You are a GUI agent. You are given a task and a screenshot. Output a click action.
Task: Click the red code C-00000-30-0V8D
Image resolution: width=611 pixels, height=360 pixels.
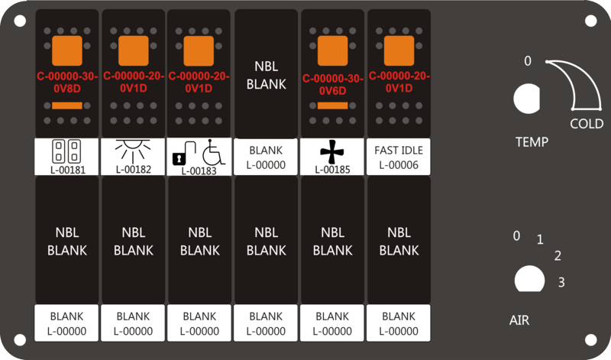67,83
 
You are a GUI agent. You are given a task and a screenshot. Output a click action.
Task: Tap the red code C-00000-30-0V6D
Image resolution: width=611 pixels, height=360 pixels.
333,85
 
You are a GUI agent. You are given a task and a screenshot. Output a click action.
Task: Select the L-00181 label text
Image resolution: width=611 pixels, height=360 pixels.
68,170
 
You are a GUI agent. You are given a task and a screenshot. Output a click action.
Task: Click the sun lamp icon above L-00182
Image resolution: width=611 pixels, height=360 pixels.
133,151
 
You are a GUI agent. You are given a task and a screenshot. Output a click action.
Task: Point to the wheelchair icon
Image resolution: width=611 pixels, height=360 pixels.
213,152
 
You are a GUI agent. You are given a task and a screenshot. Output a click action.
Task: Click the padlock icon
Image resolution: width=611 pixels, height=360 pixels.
183,153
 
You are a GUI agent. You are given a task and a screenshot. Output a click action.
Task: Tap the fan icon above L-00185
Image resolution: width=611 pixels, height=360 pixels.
332,151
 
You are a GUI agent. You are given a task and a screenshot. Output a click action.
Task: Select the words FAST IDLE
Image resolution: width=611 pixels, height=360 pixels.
399,150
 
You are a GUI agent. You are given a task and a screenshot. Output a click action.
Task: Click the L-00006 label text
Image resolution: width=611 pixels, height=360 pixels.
399,165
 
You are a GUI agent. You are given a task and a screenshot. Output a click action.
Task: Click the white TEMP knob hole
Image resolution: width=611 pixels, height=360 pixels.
526,99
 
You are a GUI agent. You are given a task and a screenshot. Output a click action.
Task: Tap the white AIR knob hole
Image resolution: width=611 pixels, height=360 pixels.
529,279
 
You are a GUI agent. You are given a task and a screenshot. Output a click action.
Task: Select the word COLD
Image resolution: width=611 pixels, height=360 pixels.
587,124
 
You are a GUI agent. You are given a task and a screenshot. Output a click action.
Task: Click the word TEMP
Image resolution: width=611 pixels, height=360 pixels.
532,142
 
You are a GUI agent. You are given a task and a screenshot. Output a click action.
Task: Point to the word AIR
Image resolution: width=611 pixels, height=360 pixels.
519,320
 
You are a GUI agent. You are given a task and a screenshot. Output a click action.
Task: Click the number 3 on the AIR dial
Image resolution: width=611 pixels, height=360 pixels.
561,282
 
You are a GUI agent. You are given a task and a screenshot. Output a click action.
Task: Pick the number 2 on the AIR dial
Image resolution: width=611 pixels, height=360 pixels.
558,256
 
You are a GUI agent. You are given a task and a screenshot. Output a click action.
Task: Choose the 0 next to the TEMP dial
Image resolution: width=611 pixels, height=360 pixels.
528,61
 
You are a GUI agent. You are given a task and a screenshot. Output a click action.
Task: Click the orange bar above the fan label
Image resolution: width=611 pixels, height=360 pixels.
333,105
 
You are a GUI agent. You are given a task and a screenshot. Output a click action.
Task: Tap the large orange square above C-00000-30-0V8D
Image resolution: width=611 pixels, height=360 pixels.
67,50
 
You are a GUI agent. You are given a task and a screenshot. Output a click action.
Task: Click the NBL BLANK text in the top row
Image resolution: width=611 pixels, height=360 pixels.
267,75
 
